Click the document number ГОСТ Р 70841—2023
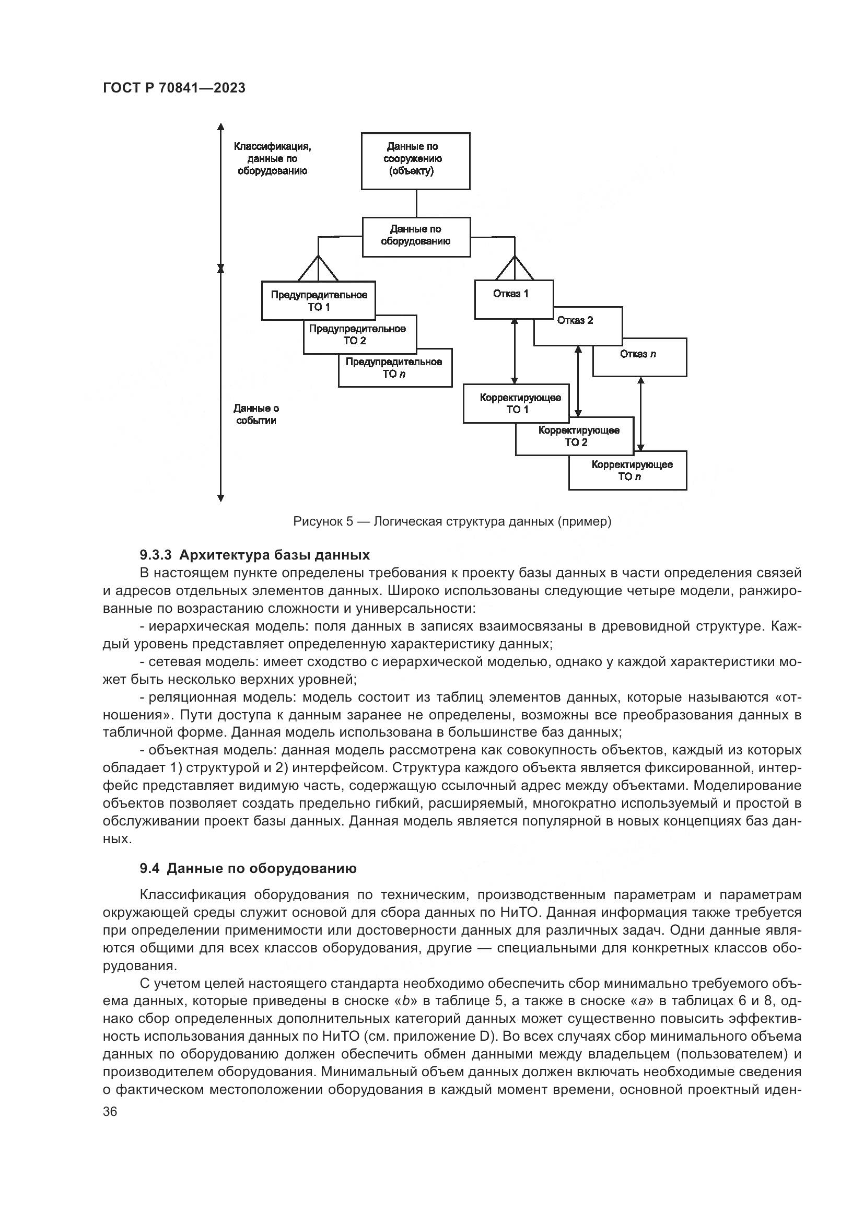(x=174, y=88)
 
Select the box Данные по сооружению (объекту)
(x=415, y=161)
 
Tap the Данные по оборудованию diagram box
(x=416, y=237)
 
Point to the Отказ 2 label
(x=575, y=320)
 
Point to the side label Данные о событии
(x=256, y=414)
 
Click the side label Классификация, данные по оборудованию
(x=272, y=159)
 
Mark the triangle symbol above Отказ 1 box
(x=515, y=269)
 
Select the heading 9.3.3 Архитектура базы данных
(x=254, y=555)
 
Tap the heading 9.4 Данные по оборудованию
(x=248, y=869)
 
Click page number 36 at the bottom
(x=110, y=1111)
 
